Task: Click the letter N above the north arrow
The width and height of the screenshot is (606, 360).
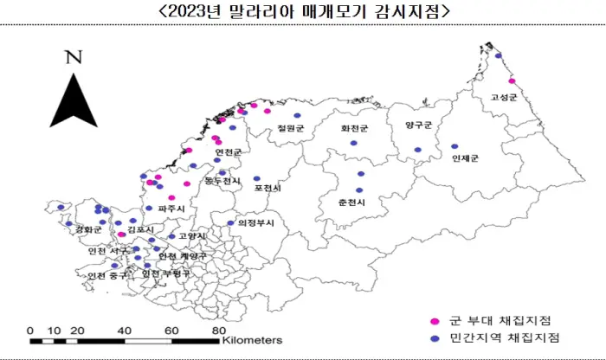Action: click(x=74, y=59)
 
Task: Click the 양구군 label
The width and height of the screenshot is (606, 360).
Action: click(x=417, y=125)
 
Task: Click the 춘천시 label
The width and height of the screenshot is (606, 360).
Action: click(x=353, y=202)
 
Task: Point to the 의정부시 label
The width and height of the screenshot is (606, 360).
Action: click(x=255, y=222)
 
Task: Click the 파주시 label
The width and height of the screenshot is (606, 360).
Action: click(x=171, y=209)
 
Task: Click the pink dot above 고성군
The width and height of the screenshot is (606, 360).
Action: click(x=513, y=81)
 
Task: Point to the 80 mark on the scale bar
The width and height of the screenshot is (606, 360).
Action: click(x=219, y=331)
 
